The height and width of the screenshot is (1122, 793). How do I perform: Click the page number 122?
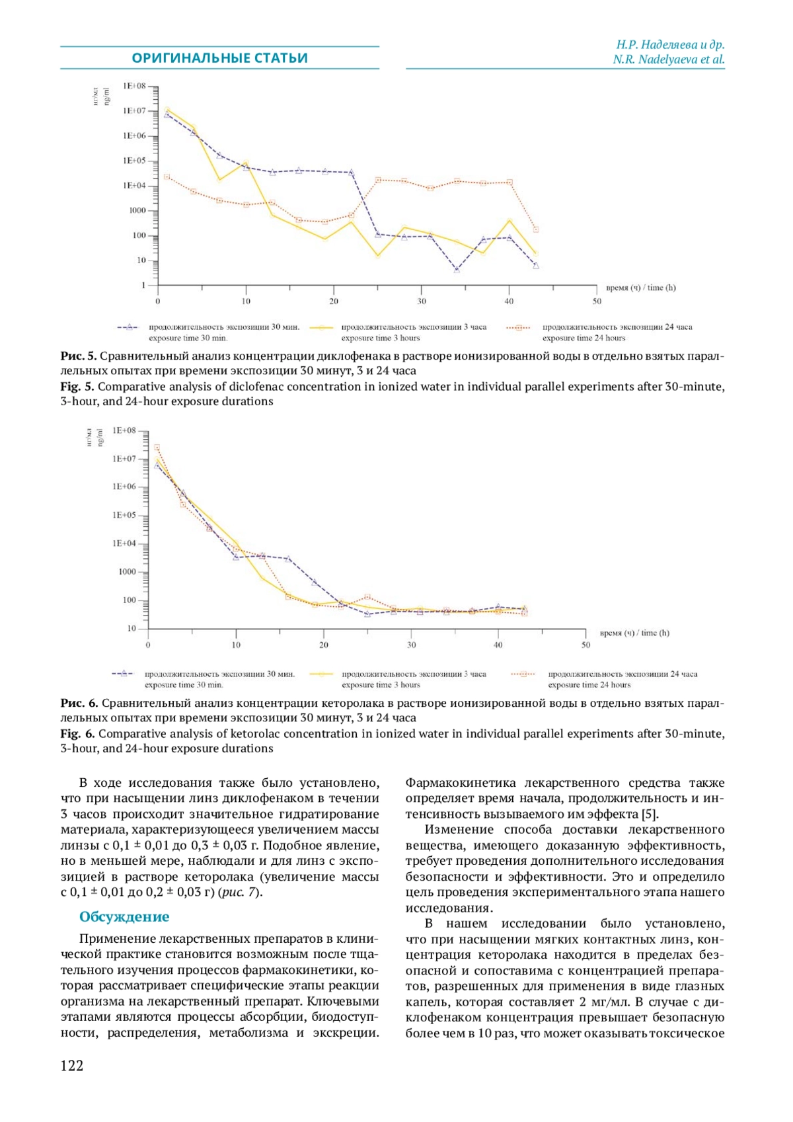click(x=72, y=1065)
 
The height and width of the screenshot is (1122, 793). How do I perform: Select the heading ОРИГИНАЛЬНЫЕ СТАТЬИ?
click(x=219, y=58)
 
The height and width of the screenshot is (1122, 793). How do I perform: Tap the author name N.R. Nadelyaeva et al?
click(x=668, y=60)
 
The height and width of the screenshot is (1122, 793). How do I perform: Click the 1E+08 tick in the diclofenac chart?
click(x=134, y=86)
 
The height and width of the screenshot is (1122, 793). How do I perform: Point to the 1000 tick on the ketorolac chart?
click(x=128, y=572)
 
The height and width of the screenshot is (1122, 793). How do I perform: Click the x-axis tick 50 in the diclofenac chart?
click(x=597, y=301)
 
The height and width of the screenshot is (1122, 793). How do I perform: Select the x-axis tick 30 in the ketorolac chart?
click(x=411, y=645)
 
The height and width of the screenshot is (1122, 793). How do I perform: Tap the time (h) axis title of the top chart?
click(x=640, y=288)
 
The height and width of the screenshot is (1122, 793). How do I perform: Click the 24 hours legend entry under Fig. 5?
click(x=617, y=332)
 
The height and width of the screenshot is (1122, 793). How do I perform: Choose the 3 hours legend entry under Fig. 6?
click(x=413, y=679)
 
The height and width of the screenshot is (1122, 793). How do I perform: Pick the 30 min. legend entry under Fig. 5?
click(x=223, y=332)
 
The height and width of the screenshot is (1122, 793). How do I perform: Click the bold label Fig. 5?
click(x=77, y=386)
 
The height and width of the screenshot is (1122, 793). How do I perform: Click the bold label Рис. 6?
click(x=79, y=702)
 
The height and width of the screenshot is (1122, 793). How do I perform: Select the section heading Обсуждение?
click(x=124, y=916)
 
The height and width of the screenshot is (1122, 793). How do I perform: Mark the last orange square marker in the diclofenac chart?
click(x=535, y=229)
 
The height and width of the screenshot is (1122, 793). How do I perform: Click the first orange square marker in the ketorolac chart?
click(x=157, y=448)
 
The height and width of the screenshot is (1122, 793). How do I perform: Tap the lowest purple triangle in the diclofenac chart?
click(x=457, y=269)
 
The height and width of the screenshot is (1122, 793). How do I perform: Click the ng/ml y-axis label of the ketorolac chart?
click(x=100, y=437)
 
